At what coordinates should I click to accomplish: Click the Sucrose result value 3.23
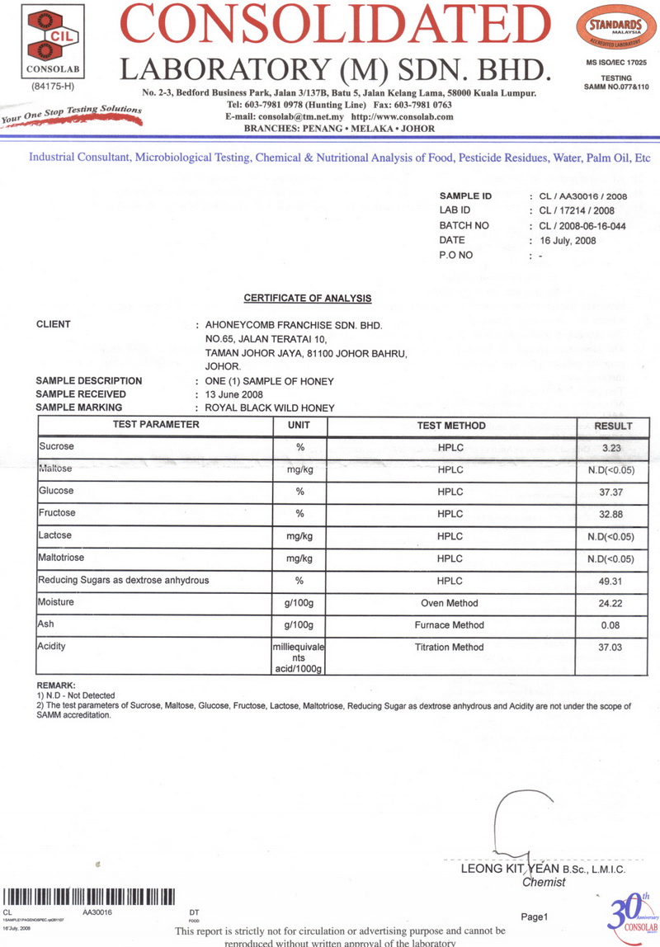tap(611, 447)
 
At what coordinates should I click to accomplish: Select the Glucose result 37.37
tap(611, 492)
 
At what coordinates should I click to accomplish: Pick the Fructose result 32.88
tap(611, 514)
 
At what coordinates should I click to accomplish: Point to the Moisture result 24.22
tap(611, 603)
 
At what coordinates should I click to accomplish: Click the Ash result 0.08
tap(611, 625)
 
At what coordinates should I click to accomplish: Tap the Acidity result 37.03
tap(611, 648)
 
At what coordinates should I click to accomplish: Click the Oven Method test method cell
tap(450, 603)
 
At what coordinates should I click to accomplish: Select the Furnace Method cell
tap(450, 625)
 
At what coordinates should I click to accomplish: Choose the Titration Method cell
tap(450, 648)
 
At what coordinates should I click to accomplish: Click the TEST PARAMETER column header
tap(156, 426)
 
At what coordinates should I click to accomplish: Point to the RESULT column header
tap(613, 426)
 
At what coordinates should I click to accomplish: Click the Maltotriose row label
tap(61, 558)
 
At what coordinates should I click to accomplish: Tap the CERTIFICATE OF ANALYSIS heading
tap(307, 298)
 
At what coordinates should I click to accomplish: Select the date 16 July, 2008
tap(567, 241)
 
